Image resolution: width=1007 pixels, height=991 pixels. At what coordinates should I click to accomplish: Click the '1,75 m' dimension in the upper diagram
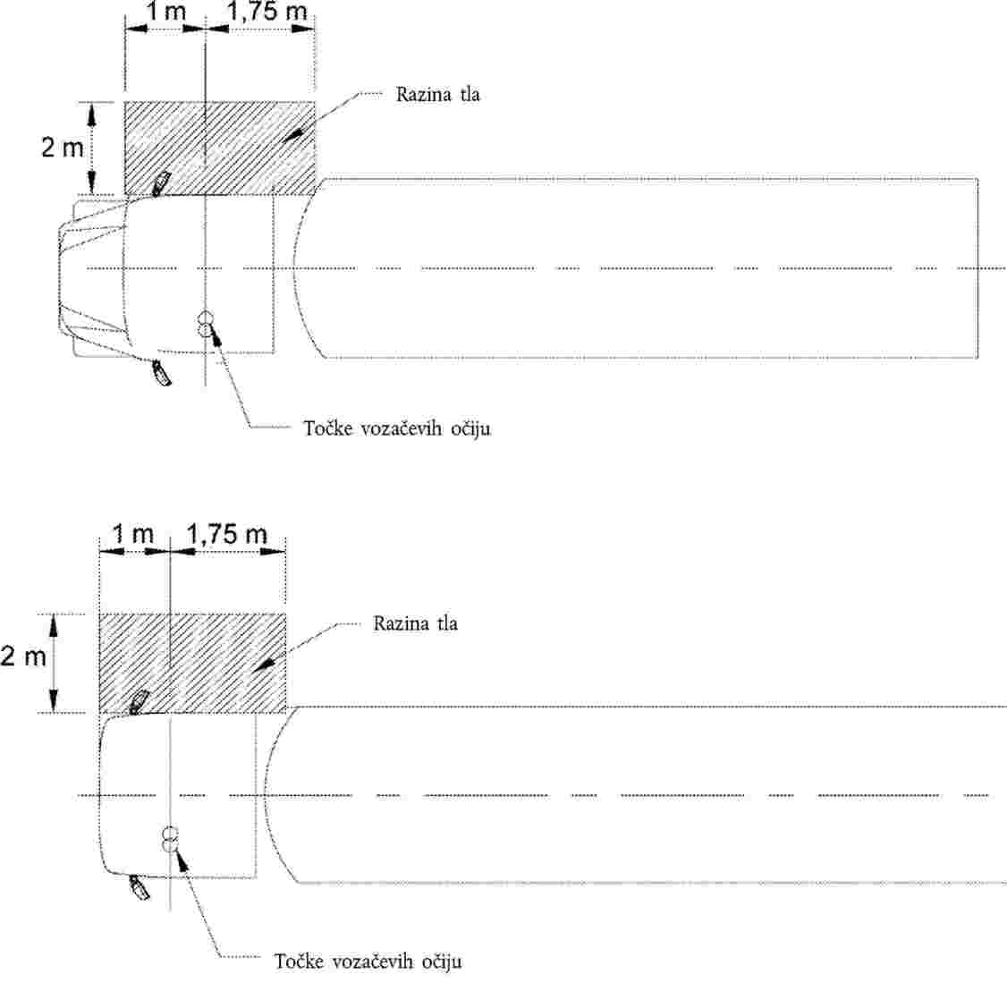267,11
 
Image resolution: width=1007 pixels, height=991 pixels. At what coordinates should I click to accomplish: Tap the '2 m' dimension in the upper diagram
63,148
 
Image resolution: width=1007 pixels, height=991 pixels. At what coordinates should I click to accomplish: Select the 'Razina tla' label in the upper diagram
437,95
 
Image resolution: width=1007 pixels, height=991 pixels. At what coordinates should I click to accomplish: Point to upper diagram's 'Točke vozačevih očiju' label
397,428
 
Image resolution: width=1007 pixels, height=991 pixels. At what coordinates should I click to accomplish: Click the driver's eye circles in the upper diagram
206,323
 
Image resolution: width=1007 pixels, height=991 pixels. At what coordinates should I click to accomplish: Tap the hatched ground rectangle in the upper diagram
220,148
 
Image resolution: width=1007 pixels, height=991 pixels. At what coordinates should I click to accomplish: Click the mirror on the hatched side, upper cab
160,183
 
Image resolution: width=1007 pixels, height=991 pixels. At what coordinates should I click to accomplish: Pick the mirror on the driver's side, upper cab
161,373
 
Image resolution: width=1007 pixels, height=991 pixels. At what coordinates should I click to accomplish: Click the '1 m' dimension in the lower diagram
133,534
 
